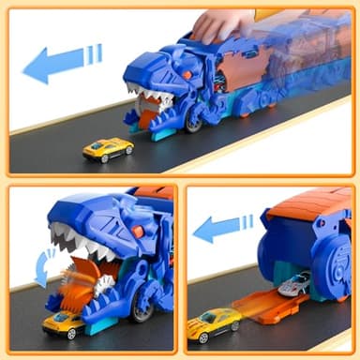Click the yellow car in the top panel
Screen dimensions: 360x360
click(x=107, y=148)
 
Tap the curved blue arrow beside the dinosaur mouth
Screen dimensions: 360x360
click(x=39, y=266)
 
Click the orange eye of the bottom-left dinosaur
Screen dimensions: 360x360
click(x=137, y=232)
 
